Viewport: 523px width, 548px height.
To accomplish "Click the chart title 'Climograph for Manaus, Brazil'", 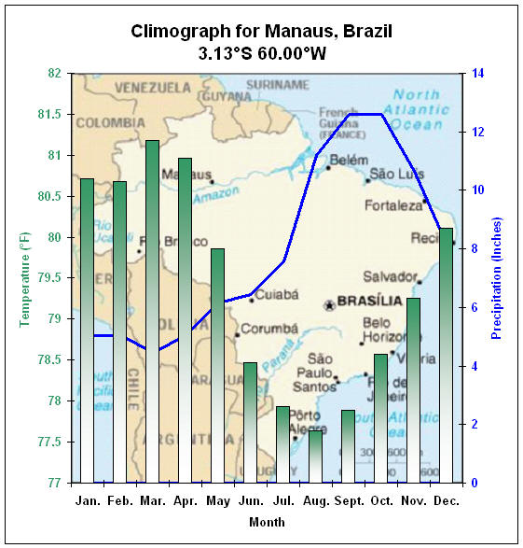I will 262,32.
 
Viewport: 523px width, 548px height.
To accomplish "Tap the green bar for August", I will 315,457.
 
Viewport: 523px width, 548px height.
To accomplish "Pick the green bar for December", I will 446,355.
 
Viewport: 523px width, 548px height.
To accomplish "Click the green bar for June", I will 250,422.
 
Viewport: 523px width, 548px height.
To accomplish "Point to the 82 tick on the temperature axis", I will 53,74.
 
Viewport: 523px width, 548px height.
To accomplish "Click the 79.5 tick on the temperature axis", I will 48,278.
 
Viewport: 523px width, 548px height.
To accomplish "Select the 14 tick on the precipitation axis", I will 478,74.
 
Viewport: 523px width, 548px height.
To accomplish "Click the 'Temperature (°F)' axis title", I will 25,278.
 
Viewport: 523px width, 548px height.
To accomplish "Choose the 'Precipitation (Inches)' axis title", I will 497,278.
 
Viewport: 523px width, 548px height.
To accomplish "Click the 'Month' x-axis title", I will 267,522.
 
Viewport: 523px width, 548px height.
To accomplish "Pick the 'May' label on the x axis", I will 217,500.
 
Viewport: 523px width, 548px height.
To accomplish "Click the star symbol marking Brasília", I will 328,305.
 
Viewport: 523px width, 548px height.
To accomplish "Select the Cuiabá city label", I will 277,294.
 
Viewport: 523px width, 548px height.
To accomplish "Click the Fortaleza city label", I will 392,205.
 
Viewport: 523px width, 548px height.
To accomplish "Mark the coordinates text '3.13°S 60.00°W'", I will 262,54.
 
